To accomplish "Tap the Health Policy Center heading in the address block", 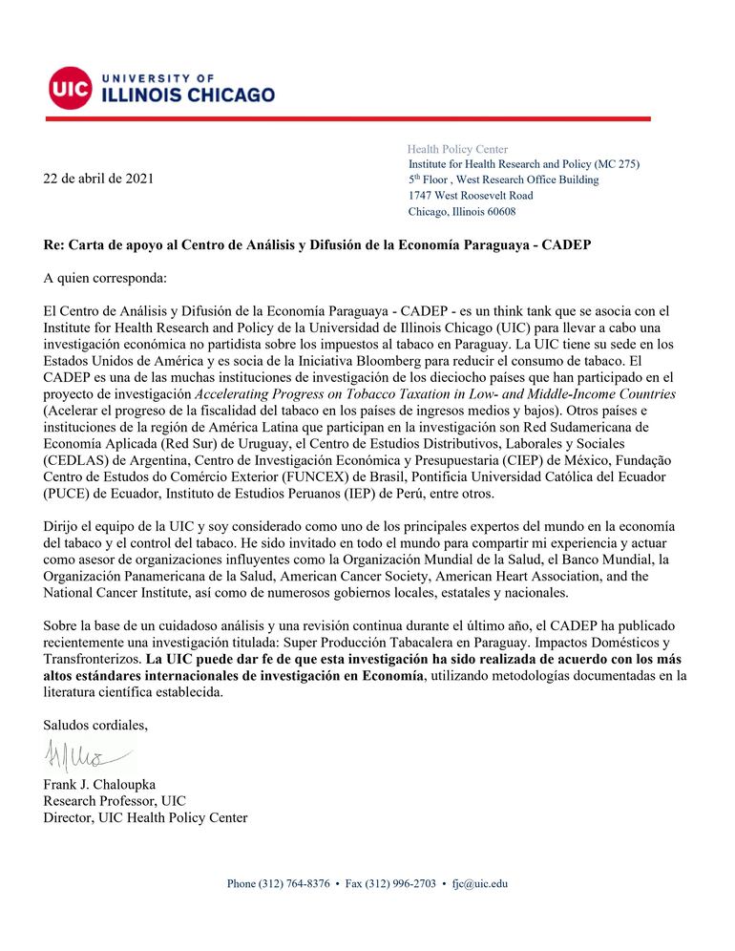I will (x=457, y=149).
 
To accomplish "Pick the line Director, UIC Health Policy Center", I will (x=145, y=817).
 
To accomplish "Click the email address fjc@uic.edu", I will (x=479, y=883).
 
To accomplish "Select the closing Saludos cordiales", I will (x=96, y=725).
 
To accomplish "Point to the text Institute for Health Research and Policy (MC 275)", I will (x=523, y=164).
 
